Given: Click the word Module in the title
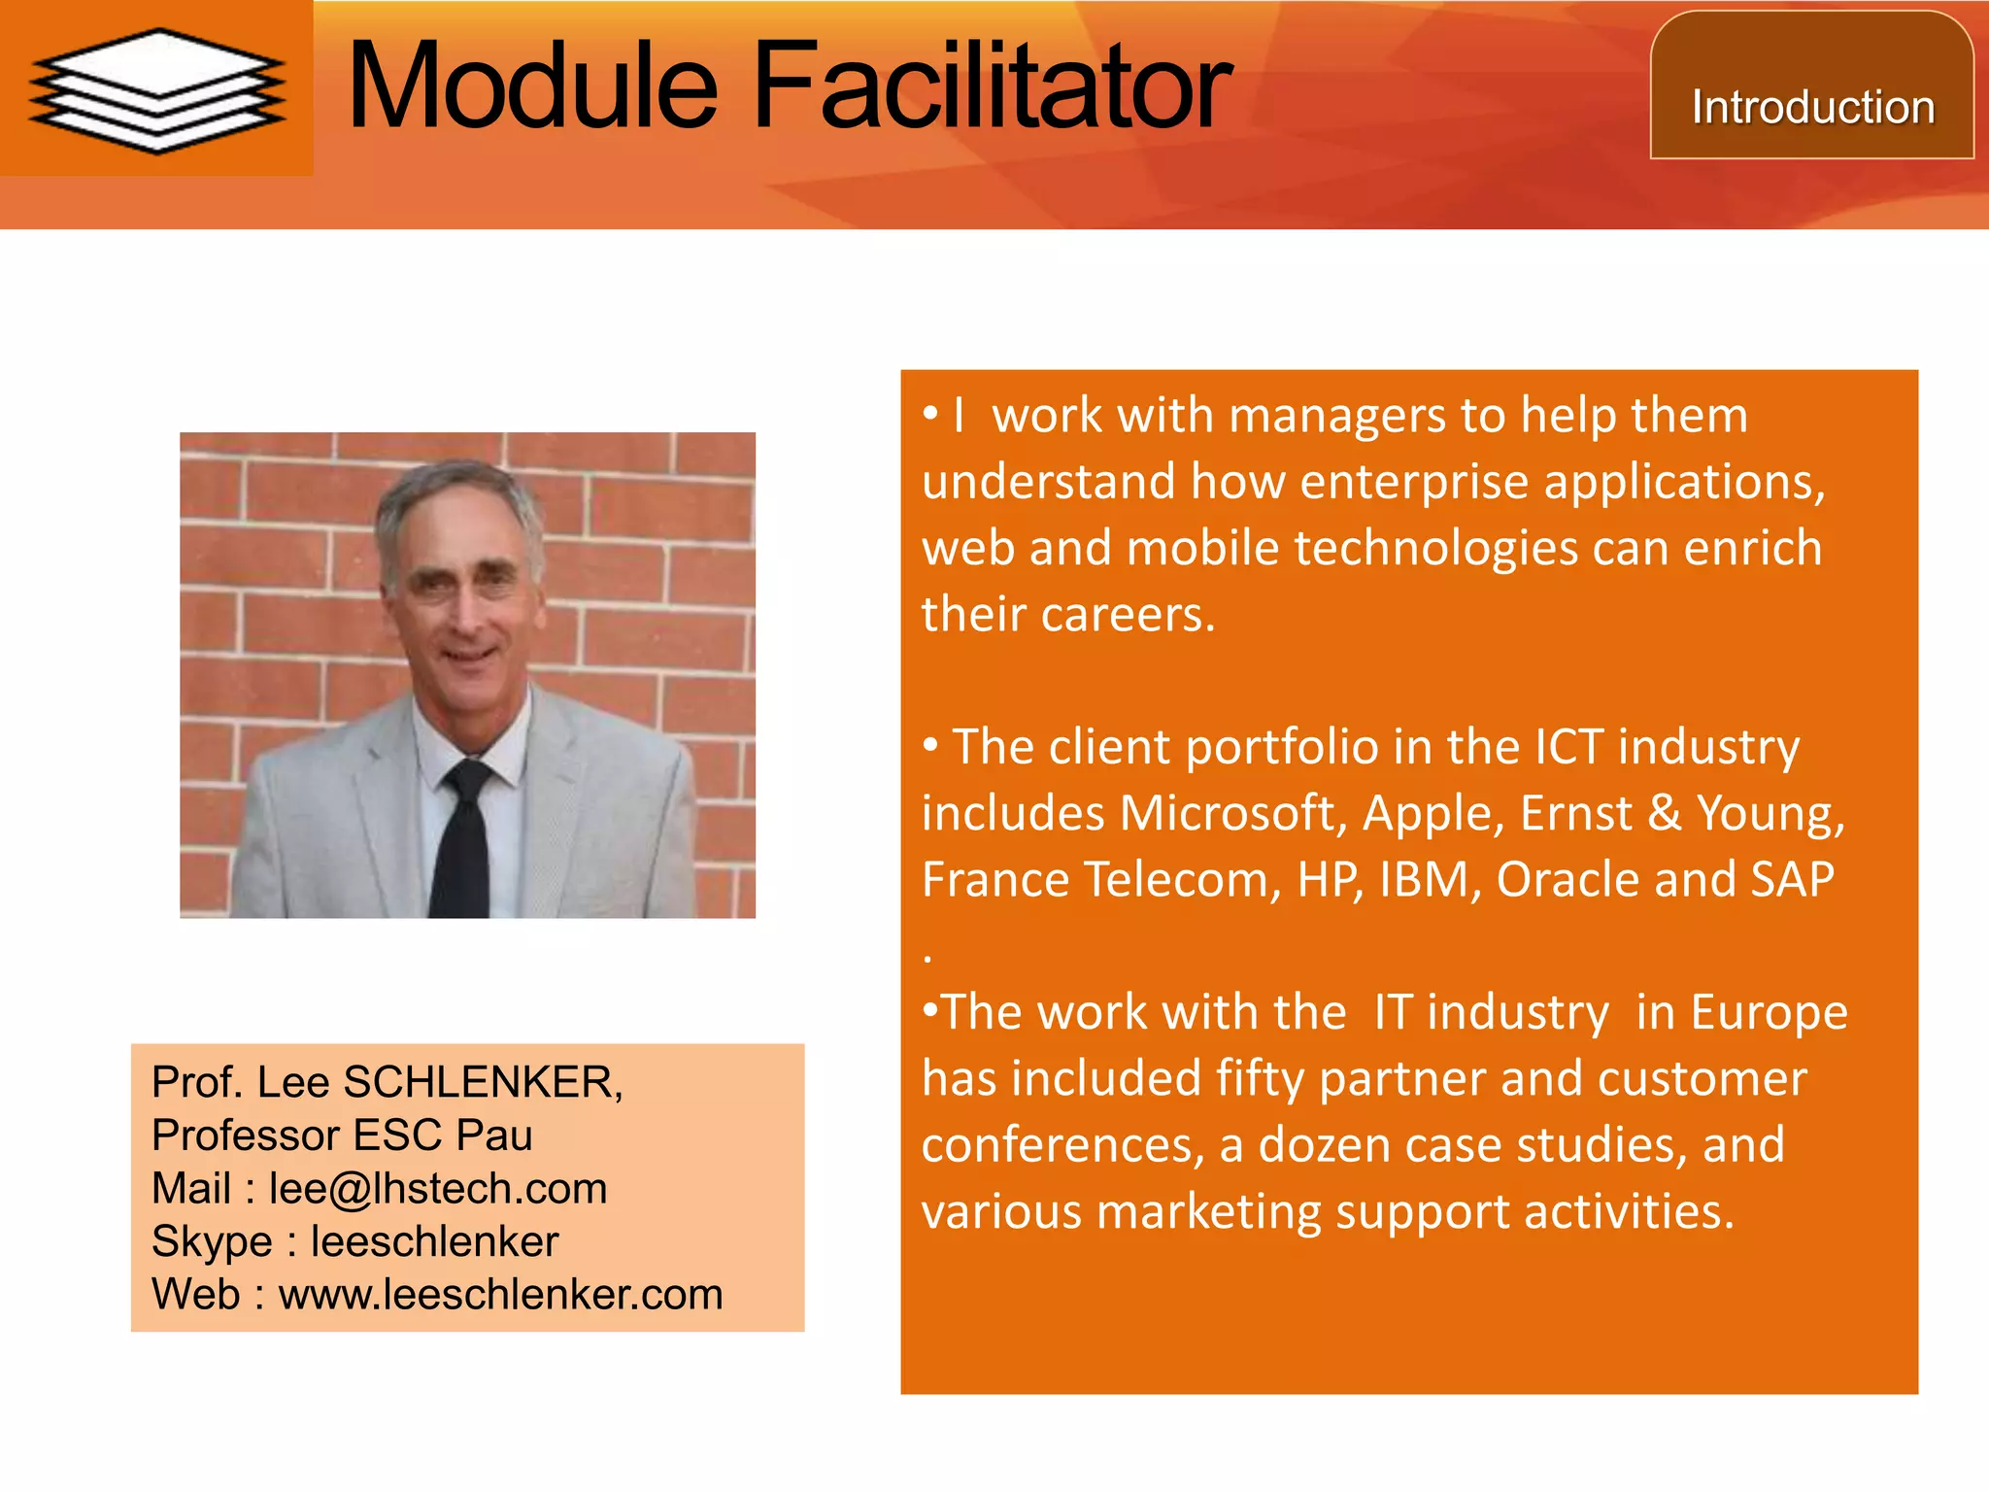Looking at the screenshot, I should coord(532,87).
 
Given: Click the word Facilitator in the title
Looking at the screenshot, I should coord(991,87).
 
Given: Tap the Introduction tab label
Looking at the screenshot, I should coord(1812,107).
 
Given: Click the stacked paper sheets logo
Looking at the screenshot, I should coord(156,90).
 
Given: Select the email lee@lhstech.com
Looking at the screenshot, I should coord(438,1189).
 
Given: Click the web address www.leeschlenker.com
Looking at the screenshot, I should coord(500,1295).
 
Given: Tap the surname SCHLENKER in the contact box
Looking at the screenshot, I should coord(483,1082).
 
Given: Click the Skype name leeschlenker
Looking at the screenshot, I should coord(434,1242).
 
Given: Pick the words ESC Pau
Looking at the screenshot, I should coord(443,1136).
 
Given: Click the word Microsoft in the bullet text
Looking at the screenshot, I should coord(1231,813).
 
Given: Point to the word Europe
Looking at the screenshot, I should coord(1769,1013).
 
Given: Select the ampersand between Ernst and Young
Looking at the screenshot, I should coord(1664,813).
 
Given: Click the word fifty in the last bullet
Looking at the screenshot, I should coord(1259,1079).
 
